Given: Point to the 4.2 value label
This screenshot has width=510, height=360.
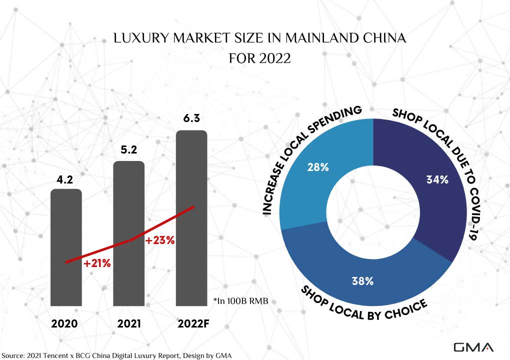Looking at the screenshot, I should click(66, 177).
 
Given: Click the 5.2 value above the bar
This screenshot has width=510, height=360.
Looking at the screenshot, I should click(129, 149).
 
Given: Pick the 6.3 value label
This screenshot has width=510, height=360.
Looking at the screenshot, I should click(191, 118).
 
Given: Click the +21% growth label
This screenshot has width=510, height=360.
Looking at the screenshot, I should click(97, 263).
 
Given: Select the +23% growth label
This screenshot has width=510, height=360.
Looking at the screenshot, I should click(159, 240).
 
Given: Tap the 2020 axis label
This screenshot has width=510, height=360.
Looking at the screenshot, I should click(64, 324).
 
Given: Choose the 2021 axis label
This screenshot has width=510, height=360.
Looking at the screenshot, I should click(129, 324).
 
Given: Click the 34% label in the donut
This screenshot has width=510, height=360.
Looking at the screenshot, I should click(437, 180).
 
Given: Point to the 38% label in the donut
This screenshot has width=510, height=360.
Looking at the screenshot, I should click(362, 281).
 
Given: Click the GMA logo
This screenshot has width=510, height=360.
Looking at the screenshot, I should click(473, 347).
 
